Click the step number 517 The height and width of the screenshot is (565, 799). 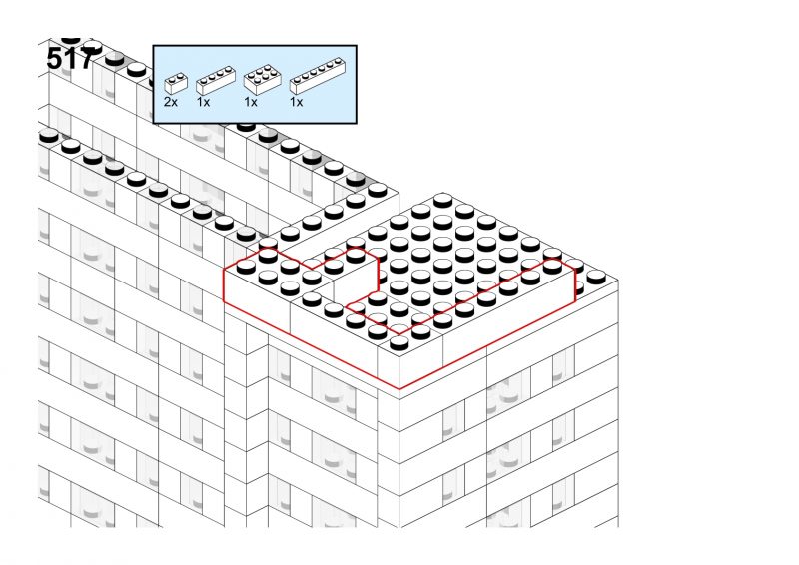(71, 59)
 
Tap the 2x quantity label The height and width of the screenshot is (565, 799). (171, 102)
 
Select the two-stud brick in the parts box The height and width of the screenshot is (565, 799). (176, 83)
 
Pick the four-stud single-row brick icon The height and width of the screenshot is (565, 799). (216, 81)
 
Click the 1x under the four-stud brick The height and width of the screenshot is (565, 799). (203, 102)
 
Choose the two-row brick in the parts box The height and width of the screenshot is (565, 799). (263, 79)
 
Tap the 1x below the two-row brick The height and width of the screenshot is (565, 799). (251, 102)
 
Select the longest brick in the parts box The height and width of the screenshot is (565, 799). (318, 76)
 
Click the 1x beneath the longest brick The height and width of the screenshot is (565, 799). (296, 102)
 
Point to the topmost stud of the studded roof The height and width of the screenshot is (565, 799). (442, 200)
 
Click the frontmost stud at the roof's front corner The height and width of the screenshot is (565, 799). (399, 343)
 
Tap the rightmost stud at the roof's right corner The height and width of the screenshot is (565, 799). (596, 278)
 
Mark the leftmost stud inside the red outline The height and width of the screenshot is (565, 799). (246, 266)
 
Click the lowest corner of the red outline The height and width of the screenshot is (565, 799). (399, 389)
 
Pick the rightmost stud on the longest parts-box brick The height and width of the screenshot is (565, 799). (338, 61)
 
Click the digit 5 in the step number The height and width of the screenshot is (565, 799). (55, 59)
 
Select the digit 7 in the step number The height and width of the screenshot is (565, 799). (87, 59)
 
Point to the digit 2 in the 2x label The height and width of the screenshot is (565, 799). (168, 102)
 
